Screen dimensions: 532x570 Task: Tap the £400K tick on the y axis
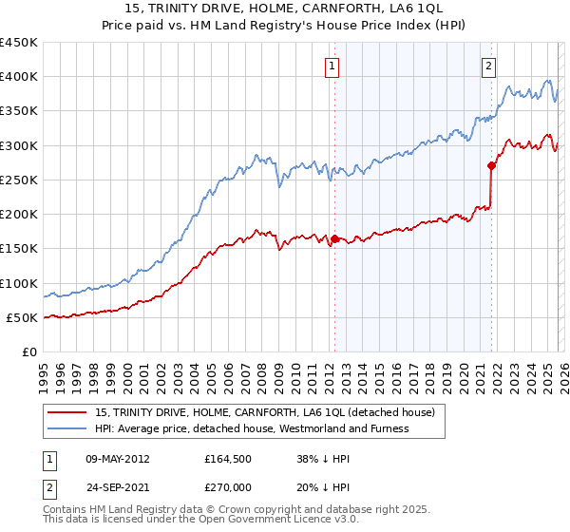pyautogui.click(x=19, y=77)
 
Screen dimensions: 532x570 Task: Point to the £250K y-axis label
pyautogui.click(x=19, y=180)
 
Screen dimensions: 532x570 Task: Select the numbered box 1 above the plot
pyautogui.click(x=332, y=66)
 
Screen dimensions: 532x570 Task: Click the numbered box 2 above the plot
pyautogui.click(x=488, y=66)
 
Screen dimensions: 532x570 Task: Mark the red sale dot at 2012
pyautogui.click(x=334, y=239)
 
